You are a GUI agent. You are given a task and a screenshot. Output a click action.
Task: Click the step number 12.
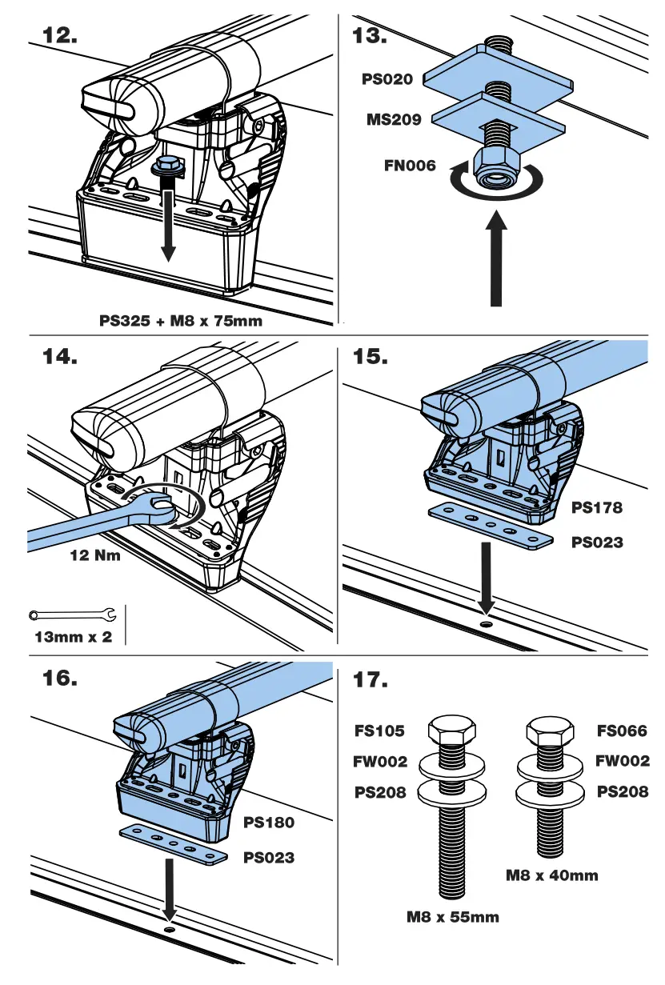point(59,35)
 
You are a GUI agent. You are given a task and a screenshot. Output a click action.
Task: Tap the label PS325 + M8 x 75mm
point(180,321)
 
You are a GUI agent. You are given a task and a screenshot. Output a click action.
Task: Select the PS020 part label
point(387,78)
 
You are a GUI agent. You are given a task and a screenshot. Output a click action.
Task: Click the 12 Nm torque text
point(94,555)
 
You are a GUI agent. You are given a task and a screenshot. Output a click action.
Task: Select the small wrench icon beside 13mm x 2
point(72,615)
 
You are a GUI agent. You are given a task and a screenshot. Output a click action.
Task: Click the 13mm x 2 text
point(73,638)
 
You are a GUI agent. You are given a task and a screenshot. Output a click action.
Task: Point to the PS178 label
point(596,507)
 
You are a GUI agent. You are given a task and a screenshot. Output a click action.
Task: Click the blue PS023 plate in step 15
point(490,526)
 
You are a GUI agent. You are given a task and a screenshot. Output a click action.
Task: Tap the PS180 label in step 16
point(268,823)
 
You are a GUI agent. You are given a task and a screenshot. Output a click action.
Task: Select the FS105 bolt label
point(380,731)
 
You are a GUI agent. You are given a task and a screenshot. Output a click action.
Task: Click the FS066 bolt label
point(622,731)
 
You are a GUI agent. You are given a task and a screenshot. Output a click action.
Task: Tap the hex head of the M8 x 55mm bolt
point(450,730)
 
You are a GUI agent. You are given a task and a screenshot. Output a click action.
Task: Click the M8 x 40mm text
point(551,875)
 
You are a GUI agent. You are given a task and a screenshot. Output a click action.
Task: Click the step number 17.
point(371,680)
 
